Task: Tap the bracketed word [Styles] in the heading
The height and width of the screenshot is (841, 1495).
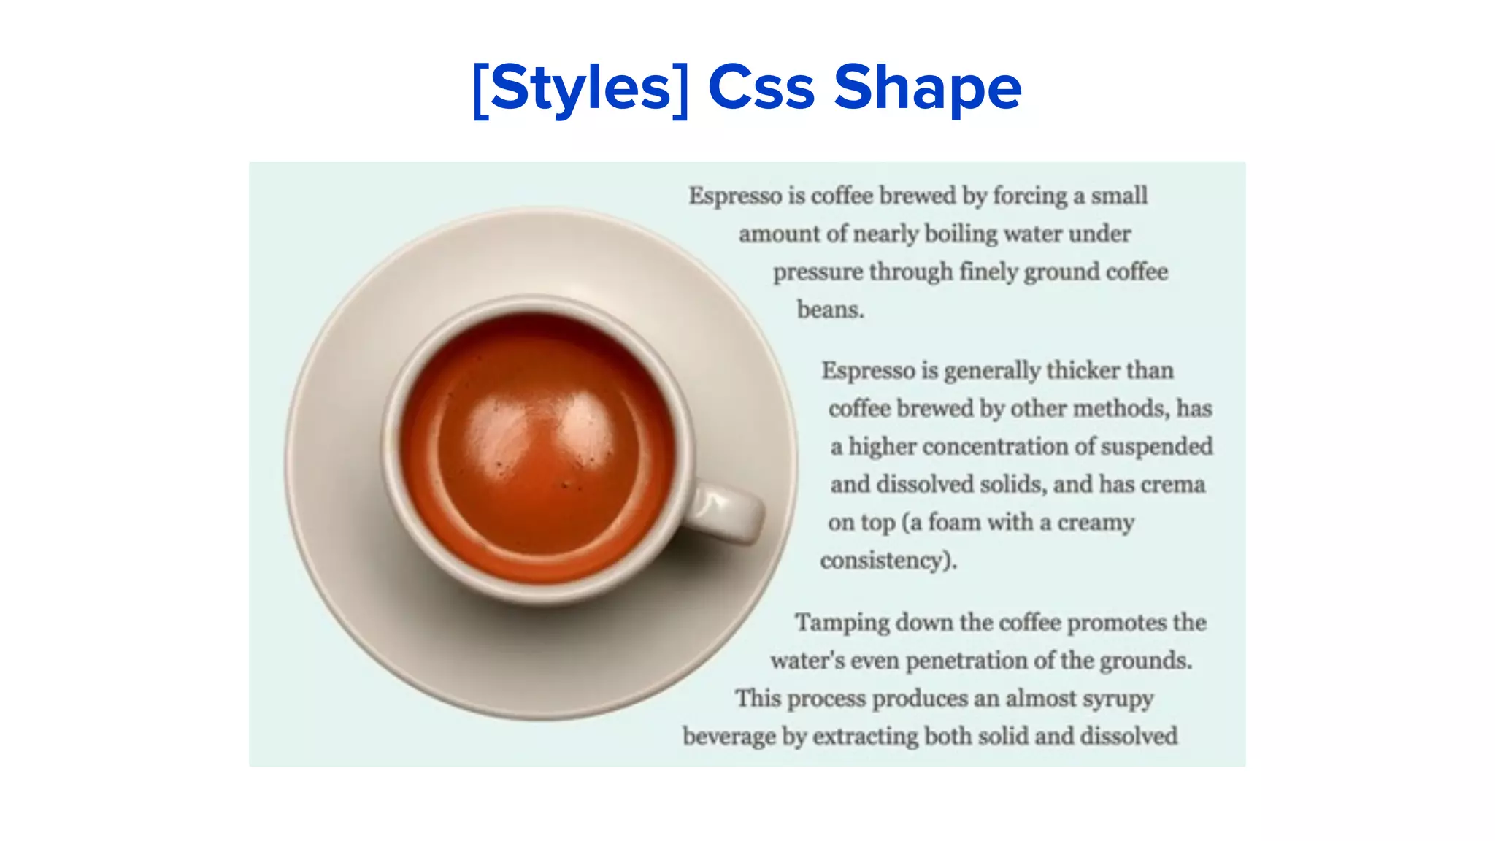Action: click(x=580, y=88)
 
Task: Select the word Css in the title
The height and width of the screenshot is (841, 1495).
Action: click(x=761, y=88)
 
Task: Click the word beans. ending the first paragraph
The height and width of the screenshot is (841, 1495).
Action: click(x=830, y=310)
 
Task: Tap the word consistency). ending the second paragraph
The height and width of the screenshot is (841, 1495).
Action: click(x=888, y=561)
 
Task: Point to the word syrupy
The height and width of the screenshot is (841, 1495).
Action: click(x=1117, y=699)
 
